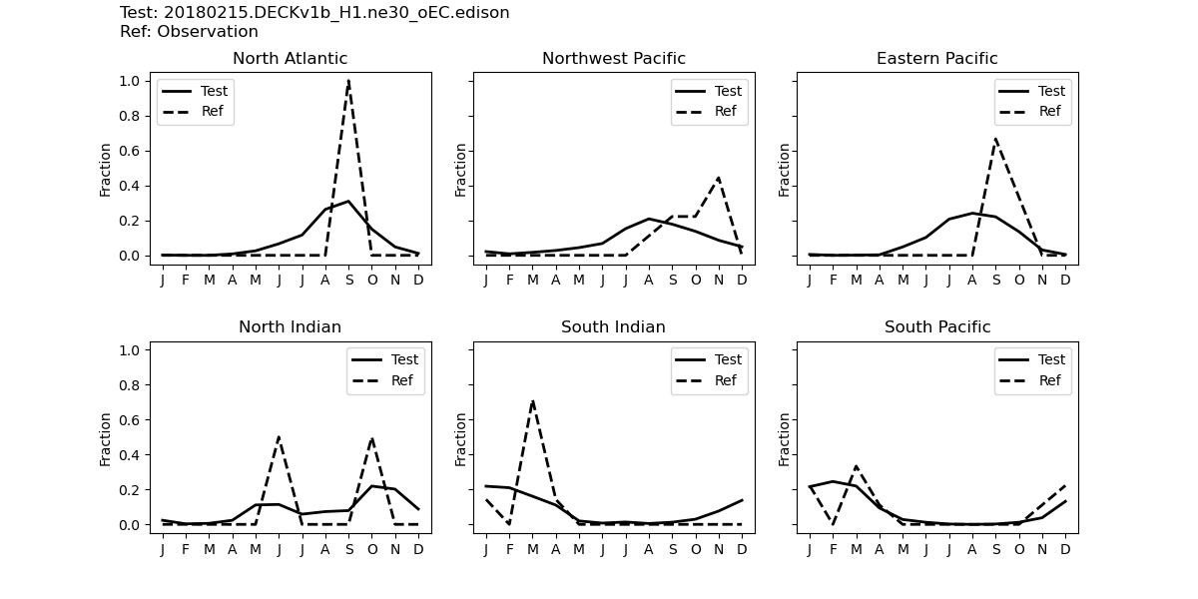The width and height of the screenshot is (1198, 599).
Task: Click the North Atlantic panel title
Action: [x=291, y=59]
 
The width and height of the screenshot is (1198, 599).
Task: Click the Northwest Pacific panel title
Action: [x=614, y=59]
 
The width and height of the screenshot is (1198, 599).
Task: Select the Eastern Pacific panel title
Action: [x=937, y=59]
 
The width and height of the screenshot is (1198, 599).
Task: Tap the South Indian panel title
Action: [x=614, y=327]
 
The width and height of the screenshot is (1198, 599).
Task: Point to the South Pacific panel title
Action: [x=937, y=327]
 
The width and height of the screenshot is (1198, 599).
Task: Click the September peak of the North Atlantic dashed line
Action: [x=348, y=81]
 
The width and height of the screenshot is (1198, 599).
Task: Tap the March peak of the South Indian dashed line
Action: [x=533, y=401]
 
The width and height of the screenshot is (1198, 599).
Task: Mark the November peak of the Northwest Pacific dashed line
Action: [x=719, y=178]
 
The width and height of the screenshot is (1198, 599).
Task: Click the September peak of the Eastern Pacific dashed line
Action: [x=995, y=139]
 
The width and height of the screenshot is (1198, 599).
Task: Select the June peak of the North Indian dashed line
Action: [x=279, y=437]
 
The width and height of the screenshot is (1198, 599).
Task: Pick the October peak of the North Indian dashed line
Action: [x=371, y=438]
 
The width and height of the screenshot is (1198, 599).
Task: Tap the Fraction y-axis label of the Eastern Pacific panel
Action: [x=785, y=169]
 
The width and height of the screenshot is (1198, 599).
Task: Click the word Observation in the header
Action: [x=208, y=32]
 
